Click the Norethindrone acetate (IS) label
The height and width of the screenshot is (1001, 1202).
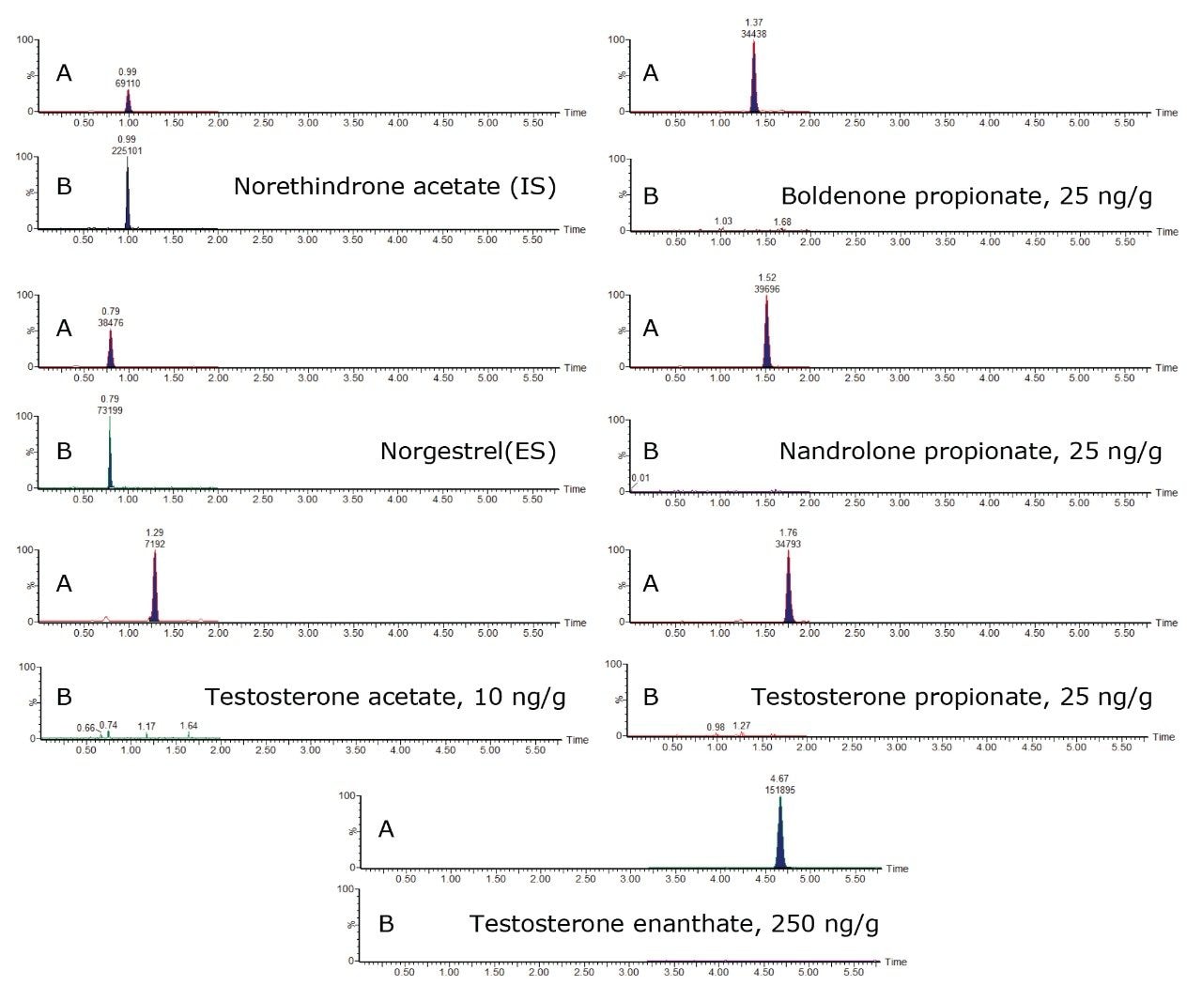pyautogui.click(x=394, y=186)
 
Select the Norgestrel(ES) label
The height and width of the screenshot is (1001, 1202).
pyautogui.click(x=468, y=451)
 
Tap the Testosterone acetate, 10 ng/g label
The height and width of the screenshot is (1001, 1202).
pyautogui.click(x=385, y=697)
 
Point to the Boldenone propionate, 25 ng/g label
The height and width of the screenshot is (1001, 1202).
pyautogui.click(x=966, y=196)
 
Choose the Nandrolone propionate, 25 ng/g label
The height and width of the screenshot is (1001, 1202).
pyautogui.click(x=970, y=451)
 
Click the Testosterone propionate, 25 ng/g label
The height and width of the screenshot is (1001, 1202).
pyautogui.click(x=951, y=697)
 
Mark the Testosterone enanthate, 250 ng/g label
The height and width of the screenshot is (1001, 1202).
pyautogui.click(x=674, y=924)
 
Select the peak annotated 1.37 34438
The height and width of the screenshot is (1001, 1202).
pyautogui.click(x=753, y=75)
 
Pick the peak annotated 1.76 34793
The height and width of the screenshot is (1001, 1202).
pyautogui.click(x=788, y=585)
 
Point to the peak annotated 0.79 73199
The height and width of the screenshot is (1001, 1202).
pyautogui.click(x=110, y=451)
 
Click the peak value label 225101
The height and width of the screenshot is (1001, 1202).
pyautogui.click(x=127, y=150)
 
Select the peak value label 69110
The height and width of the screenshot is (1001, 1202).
pyautogui.click(x=128, y=83)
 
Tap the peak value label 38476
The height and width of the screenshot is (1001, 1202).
pyautogui.click(x=110, y=323)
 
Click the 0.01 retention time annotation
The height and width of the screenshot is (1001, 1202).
pyautogui.click(x=640, y=478)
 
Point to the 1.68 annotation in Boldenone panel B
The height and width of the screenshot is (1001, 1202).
pyautogui.click(x=781, y=223)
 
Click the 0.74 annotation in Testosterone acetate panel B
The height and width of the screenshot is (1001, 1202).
pyautogui.click(x=109, y=725)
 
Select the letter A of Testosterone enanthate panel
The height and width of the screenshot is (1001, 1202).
pyautogui.click(x=386, y=830)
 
